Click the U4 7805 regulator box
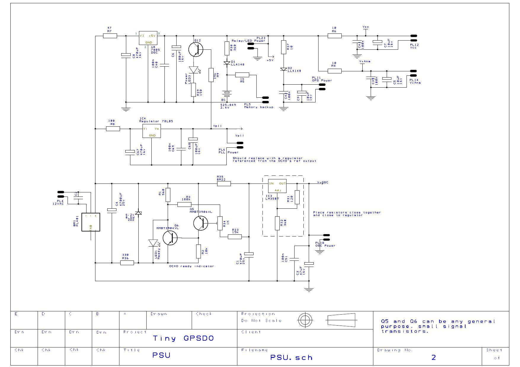(x=148, y=38)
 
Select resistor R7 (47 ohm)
(x=110, y=36)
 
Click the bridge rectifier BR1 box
(x=91, y=222)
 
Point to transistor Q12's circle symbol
(x=196, y=49)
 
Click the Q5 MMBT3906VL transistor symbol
(x=201, y=223)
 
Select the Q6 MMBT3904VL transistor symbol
(x=170, y=238)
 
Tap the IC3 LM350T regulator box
(x=277, y=186)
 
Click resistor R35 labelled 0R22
(x=224, y=183)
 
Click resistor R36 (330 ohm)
(x=127, y=263)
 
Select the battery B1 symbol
(x=227, y=94)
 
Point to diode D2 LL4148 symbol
(x=284, y=69)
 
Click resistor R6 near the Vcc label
(x=335, y=36)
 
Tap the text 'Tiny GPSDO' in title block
(x=183, y=338)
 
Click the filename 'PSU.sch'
(x=291, y=358)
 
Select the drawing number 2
(x=433, y=358)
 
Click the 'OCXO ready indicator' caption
(x=191, y=266)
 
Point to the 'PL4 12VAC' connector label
(x=58, y=202)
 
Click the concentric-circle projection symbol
(x=305, y=320)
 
